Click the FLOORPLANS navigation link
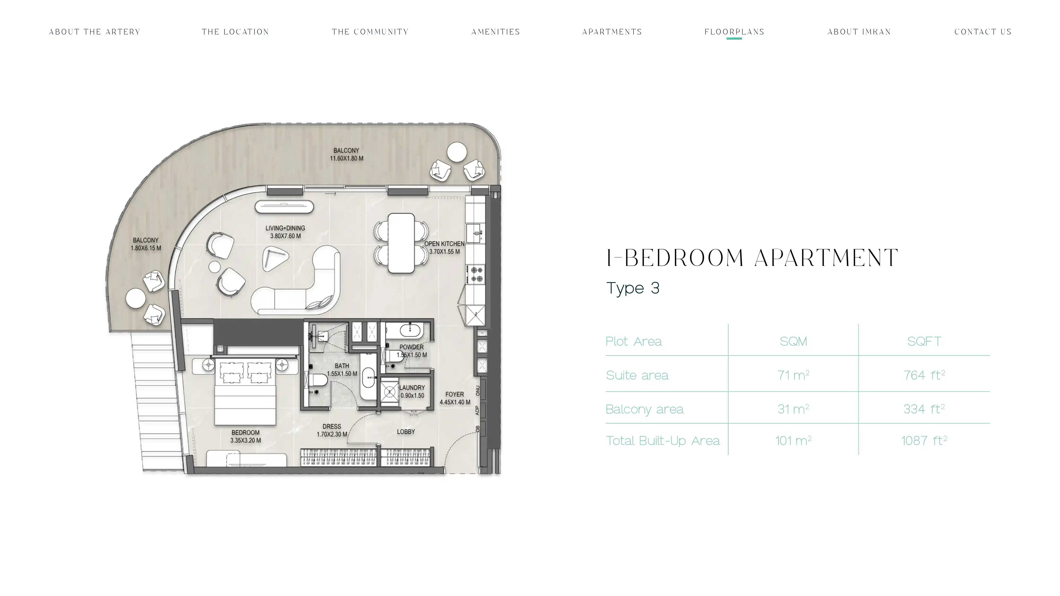[x=734, y=32]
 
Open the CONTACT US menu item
[x=983, y=32]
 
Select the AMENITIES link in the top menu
[x=496, y=32]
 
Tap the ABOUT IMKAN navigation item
[x=859, y=32]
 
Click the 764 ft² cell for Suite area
[x=924, y=375]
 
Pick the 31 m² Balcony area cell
[x=793, y=408]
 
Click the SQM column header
[x=793, y=341]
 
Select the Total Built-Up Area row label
[x=662, y=441]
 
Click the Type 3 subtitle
[x=633, y=288]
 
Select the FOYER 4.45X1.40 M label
[x=455, y=398]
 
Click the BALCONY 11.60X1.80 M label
[x=346, y=154]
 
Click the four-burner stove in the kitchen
[x=476, y=274]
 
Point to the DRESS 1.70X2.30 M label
[x=332, y=430]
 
